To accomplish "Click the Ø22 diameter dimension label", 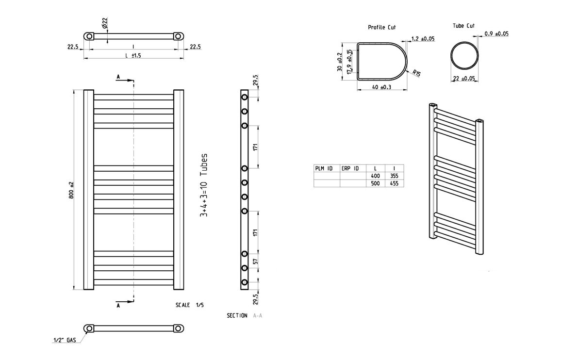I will tap(105, 23).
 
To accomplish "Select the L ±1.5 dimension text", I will tap(133, 55).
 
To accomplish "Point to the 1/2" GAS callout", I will tap(64, 341).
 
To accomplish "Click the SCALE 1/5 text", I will tap(190, 305).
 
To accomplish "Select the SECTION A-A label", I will tap(244, 316).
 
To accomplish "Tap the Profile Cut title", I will tap(381, 28).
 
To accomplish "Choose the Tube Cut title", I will tap(463, 26).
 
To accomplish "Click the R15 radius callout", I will tap(416, 74).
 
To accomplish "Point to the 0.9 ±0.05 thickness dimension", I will tap(496, 34).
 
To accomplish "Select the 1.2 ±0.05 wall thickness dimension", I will tap(422, 38).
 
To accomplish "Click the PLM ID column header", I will tap(324, 168).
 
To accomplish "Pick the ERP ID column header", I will tap(350, 168).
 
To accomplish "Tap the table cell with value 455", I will tap(394, 184).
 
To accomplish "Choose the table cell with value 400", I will tap(375, 176).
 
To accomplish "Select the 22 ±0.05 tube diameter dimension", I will tap(463, 79).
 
